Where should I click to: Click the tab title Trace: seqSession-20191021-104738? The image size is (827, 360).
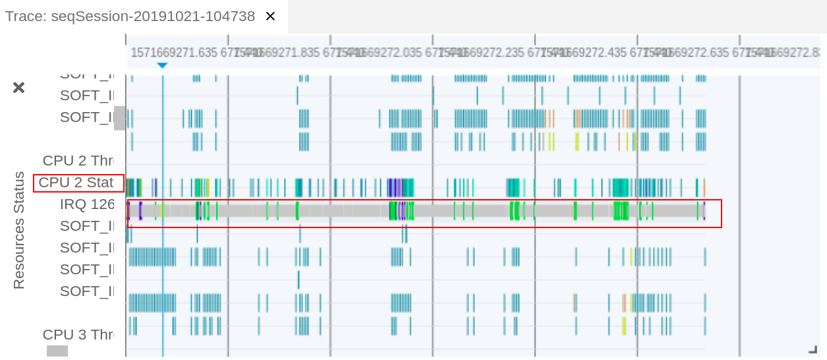(130, 16)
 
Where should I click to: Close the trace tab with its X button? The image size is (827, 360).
(270, 16)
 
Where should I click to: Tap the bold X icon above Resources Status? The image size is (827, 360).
(19, 88)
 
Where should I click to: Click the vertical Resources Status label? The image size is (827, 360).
(18, 230)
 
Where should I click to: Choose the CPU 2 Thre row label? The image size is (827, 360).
(78, 161)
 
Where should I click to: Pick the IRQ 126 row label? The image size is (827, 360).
(87, 204)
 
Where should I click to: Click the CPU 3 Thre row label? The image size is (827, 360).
(78, 335)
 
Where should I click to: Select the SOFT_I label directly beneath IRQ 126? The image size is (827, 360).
(87, 226)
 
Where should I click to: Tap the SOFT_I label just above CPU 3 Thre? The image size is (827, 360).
(87, 291)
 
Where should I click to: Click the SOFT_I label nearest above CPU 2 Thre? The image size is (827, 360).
(87, 117)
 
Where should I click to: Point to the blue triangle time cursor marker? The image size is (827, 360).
(162, 65)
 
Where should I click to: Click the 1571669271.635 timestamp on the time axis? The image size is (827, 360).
(174, 53)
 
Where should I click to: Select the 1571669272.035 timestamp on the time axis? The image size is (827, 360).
(378, 53)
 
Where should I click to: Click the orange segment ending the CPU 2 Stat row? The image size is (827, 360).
(704, 187)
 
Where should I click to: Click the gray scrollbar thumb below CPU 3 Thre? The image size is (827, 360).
(57, 351)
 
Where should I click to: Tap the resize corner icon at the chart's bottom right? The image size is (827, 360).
(813, 349)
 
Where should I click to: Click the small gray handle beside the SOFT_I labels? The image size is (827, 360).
(119, 118)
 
